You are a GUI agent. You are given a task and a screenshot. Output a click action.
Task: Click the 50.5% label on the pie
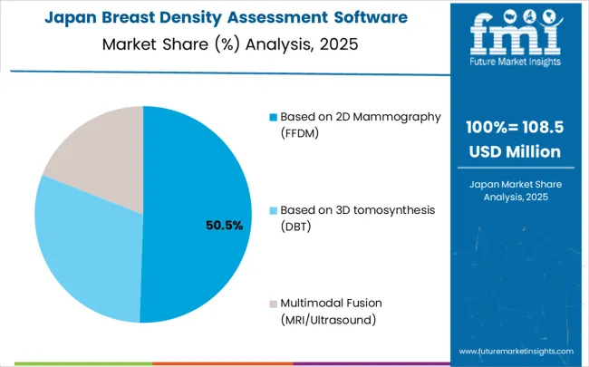(x=224, y=226)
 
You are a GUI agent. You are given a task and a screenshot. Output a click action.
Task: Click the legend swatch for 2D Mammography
(x=273, y=117)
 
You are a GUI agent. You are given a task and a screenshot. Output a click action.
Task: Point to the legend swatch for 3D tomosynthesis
(x=273, y=210)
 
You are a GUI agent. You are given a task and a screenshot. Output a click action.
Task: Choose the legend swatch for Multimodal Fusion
(x=273, y=304)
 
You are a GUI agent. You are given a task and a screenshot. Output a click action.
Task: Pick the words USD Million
(x=514, y=150)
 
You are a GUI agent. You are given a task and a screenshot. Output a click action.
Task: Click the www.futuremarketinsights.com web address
(x=516, y=351)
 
